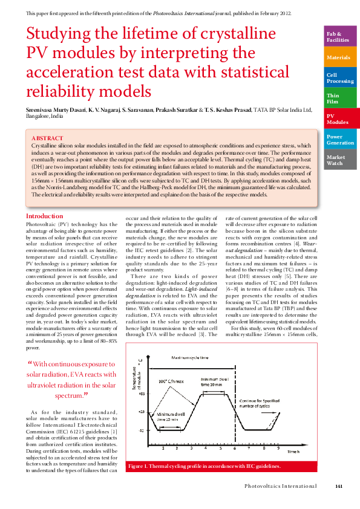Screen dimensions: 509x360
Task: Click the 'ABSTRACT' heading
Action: [x=47, y=138]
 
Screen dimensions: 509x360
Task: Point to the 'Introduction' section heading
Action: [x=44, y=216]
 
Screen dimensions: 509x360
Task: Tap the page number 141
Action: [x=339, y=486]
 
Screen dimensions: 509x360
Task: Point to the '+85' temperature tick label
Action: [x=142, y=393]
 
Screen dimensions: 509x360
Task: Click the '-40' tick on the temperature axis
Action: [x=142, y=430]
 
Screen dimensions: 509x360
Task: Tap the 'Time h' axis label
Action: [x=293, y=452]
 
